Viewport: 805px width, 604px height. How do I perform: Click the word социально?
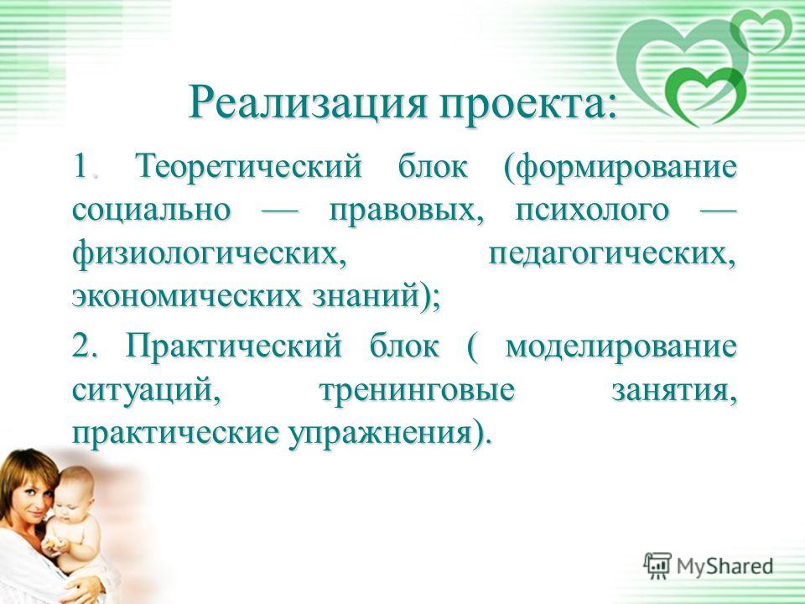151,210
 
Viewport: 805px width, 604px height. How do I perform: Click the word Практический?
232,345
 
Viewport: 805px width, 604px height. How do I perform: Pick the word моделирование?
621,346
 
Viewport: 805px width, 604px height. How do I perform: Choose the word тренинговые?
417,390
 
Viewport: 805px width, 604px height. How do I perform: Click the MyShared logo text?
724,565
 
